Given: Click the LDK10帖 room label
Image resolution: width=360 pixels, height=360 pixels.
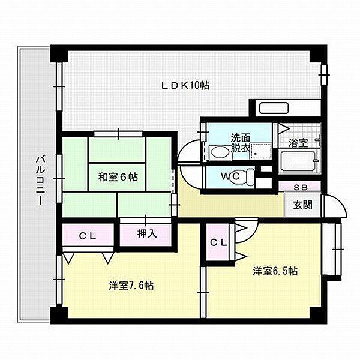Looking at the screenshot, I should (x=185, y=86).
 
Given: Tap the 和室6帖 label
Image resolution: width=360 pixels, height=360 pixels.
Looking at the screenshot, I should (x=118, y=177).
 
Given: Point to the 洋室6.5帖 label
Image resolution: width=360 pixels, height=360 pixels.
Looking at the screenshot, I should (x=275, y=271).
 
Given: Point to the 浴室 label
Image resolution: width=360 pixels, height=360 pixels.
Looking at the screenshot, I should (x=298, y=143).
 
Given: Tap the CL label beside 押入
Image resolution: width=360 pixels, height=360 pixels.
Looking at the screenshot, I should (x=88, y=235).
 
